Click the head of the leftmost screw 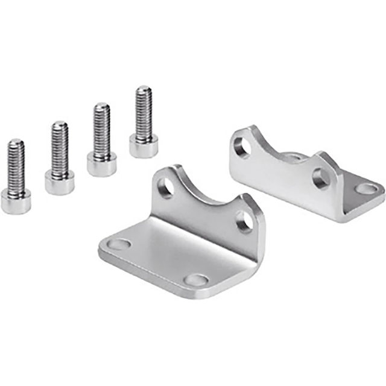click(x=16, y=200)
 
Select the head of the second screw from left click(x=59, y=182)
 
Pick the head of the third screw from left click(x=101, y=163)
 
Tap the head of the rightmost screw click(x=144, y=145)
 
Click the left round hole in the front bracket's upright click(x=166, y=188)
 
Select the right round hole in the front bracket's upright click(x=244, y=221)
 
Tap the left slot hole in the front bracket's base click(x=119, y=245)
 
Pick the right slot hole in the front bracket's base click(x=196, y=280)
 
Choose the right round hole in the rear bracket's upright click(x=320, y=178)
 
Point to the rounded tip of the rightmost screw click(x=144, y=89)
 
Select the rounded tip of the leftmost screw click(x=16, y=143)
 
